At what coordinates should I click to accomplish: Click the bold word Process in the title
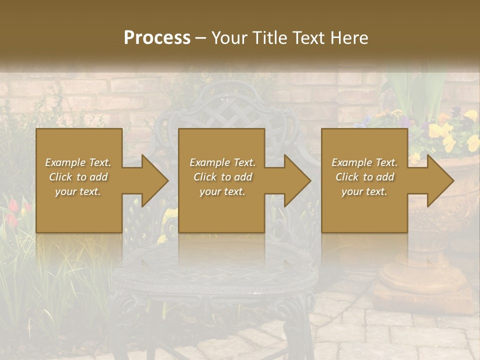tap(157, 38)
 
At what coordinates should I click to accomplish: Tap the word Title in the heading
tap(269, 38)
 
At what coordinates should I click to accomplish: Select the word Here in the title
tap(348, 38)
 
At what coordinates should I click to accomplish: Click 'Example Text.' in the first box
tap(78, 162)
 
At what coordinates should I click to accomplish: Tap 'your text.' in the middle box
tap(222, 191)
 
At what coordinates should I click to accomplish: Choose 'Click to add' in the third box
tap(364, 177)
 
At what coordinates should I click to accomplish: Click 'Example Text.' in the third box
tap(364, 162)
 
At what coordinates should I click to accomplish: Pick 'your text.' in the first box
tap(78, 191)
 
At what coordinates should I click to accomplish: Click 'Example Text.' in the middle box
tap(222, 162)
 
